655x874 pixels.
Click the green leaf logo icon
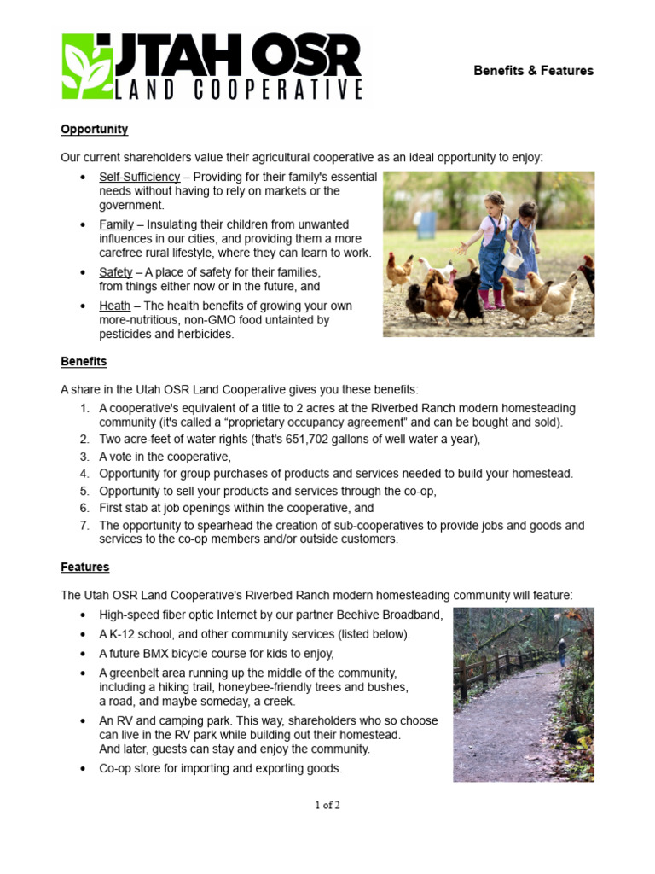coord(86,67)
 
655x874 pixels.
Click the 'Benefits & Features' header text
coord(533,71)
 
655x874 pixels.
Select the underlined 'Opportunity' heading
coord(94,130)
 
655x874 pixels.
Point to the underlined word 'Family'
coord(116,224)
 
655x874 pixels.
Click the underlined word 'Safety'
coord(115,272)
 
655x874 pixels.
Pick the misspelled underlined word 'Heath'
coord(114,306)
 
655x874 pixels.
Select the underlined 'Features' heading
coord(84,567)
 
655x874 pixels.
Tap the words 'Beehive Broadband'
coord(393,615)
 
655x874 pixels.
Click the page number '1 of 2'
coord(327,805)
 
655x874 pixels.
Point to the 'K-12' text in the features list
coord(124,634)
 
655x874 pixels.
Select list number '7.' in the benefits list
coord(84,526)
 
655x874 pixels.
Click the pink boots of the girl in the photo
coord(493,300)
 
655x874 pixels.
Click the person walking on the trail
coord(562,654)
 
